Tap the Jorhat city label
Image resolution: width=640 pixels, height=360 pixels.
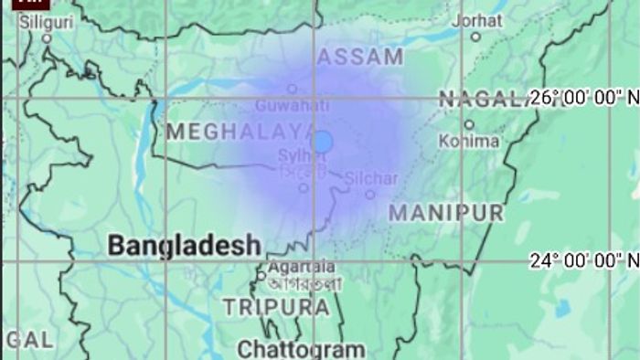[475, 19]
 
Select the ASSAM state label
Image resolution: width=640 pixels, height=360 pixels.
[360, 57]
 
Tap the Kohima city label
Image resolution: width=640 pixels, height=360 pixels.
[469, 141]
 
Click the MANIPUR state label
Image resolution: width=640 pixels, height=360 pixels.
[446, 214]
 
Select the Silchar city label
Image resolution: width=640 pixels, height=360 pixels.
[370, 178]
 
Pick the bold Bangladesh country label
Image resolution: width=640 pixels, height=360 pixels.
[184, 245]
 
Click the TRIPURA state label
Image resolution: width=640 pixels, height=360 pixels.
[276, 307]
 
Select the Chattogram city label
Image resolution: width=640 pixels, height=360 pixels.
[302, 348]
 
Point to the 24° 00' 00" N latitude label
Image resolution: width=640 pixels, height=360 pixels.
[583, 261]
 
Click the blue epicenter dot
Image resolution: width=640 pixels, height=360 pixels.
[322, 141]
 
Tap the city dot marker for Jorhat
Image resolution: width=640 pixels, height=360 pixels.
[475, 37]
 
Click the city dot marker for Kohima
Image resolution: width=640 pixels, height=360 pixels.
[469, 124]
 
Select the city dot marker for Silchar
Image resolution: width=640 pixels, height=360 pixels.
[369, 194]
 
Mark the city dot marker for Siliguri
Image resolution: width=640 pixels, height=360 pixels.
[48, 37]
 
